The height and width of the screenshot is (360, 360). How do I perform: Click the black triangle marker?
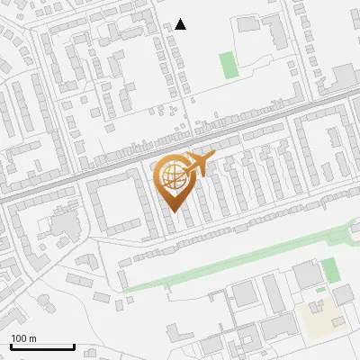point(181,24)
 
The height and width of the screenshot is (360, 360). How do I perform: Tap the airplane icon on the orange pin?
point(198,164)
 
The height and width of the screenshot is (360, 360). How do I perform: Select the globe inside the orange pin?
point(172,174)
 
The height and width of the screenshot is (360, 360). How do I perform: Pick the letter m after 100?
point(33,337)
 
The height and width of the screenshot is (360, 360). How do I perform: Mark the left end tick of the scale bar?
point(11,346)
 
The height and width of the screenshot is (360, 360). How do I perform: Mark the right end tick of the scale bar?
point(74,346)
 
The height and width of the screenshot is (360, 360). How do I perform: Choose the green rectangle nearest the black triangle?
point(229,65)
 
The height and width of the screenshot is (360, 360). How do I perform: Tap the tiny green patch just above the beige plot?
point(319,290)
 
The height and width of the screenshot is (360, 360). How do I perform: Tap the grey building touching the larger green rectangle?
point(307,273)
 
